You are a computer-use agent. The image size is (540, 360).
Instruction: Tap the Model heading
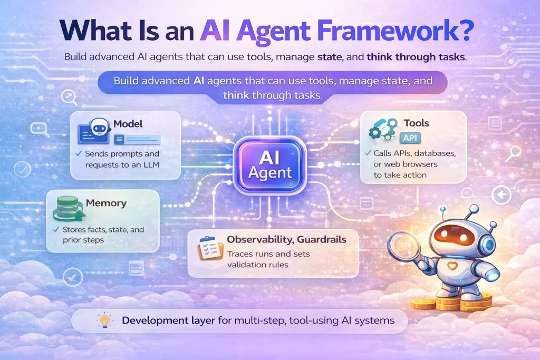pos(128,124)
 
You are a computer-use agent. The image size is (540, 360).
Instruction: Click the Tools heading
pos(416,123)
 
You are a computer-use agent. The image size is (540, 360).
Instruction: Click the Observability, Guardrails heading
pos(286,239)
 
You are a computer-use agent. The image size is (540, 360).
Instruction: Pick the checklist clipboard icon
pos(210,248)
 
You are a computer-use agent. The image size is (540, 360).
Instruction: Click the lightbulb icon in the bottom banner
pos(103,320)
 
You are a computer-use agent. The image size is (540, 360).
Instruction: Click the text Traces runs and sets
pos(268,254)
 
